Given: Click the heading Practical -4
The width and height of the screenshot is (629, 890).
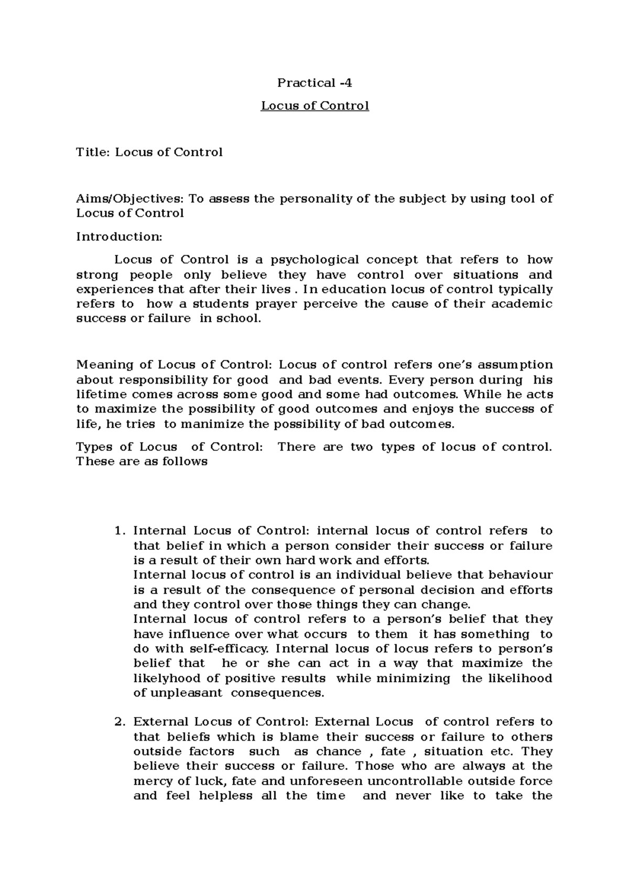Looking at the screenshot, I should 314,83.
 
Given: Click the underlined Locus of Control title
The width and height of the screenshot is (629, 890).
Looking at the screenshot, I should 315,106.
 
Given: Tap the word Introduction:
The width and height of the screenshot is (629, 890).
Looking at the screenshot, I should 120,236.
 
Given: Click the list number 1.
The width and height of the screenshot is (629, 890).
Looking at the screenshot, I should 119,531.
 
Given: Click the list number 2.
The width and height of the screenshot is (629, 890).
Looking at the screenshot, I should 119,722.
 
